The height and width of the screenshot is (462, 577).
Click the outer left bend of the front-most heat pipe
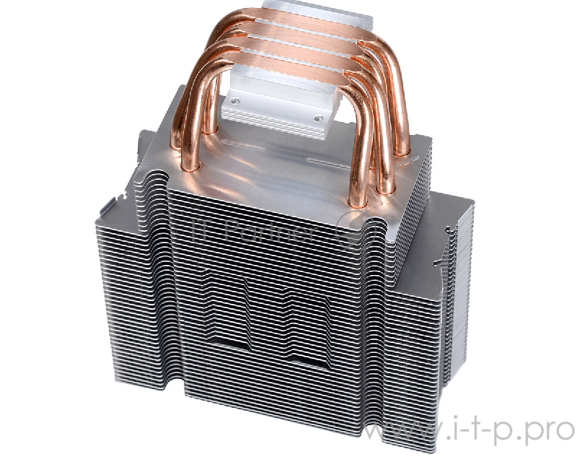coord(189,79)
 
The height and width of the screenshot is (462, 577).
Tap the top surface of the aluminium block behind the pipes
coord(303,11)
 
